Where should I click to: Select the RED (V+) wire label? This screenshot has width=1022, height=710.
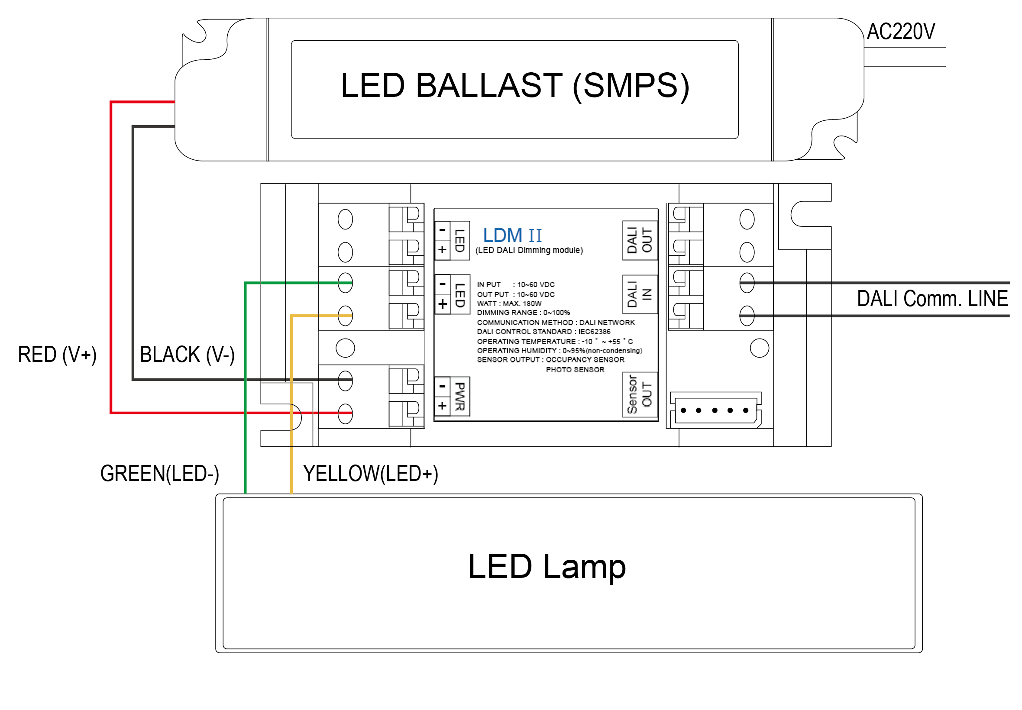[x=57, y=354]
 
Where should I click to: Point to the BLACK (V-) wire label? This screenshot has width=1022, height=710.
[x=187, y=354]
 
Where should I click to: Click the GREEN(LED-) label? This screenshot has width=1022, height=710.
[x=159, y=473]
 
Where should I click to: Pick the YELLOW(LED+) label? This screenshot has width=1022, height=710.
[x=370, y=473]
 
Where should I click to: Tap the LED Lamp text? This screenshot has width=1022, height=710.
[x=547, y=566]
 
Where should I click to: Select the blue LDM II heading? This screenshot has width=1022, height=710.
[x=512, y=235]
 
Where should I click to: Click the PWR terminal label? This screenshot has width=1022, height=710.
[x=459, y=397]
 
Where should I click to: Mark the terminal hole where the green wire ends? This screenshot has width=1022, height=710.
[x=345, y=283]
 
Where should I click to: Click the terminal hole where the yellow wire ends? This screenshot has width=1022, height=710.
[x=345, y=316]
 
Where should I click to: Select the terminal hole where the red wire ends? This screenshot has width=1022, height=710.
[x=345, y=413]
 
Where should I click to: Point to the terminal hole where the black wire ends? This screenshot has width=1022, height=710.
[x=345, y=380]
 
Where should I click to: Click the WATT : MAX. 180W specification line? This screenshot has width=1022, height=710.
[x=508, y=303]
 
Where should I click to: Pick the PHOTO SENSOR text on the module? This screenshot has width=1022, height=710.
[x=574, y=370]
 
